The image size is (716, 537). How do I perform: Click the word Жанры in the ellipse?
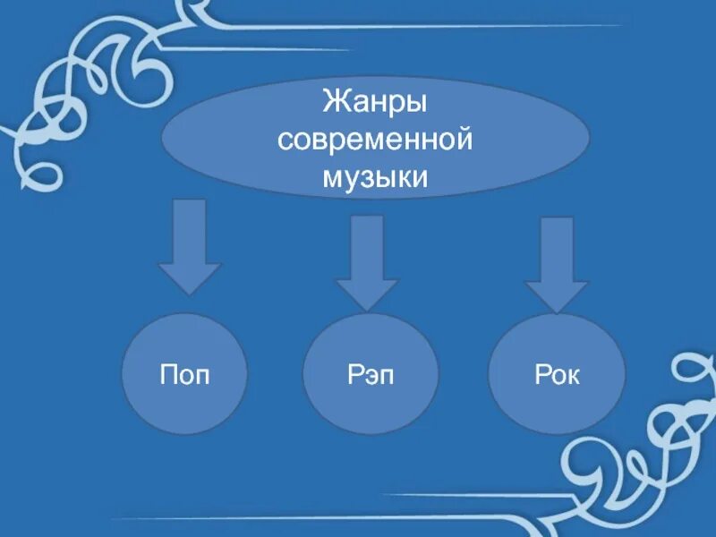click(374, 101)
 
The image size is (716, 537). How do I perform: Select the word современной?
click(374, 140)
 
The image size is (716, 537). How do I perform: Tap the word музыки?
click(374, 177)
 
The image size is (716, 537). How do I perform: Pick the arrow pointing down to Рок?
click(556, 264)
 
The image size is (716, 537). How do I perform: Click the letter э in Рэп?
click(371, 376)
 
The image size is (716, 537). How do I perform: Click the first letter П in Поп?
click(166, 375)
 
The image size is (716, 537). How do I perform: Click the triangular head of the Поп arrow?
click(189, 277)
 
